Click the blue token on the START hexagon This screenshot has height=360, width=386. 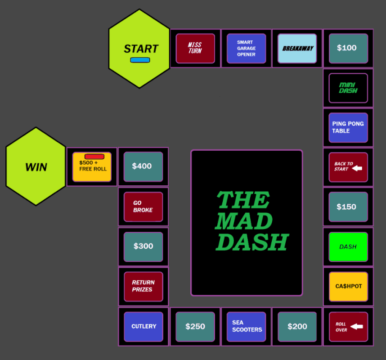click(140, 60)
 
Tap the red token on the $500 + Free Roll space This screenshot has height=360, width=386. click(94, 157)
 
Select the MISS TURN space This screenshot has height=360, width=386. click(195, 48)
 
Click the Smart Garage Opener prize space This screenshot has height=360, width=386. click(246, 48)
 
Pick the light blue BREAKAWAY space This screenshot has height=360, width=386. click(297, 48)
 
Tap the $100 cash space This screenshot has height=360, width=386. click(348, 48)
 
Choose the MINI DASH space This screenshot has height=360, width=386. click(348, 88)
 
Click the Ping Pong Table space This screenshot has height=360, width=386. click(348, 127)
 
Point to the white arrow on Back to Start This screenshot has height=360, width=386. click(357, 168)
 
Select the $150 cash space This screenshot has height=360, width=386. click(348, 207)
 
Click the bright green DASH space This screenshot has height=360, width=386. click(348, 247)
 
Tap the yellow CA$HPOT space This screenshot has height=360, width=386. click(348, 286)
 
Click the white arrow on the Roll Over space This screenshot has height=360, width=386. click(357, 326)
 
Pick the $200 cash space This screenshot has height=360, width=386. click(297, 326)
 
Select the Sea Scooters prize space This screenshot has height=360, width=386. click(246, 326)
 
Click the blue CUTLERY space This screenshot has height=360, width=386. click(144, 326)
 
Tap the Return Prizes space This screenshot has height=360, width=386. click(144, 286)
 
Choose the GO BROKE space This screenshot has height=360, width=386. click(144, 207)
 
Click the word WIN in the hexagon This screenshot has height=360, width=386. click(36, 167)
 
